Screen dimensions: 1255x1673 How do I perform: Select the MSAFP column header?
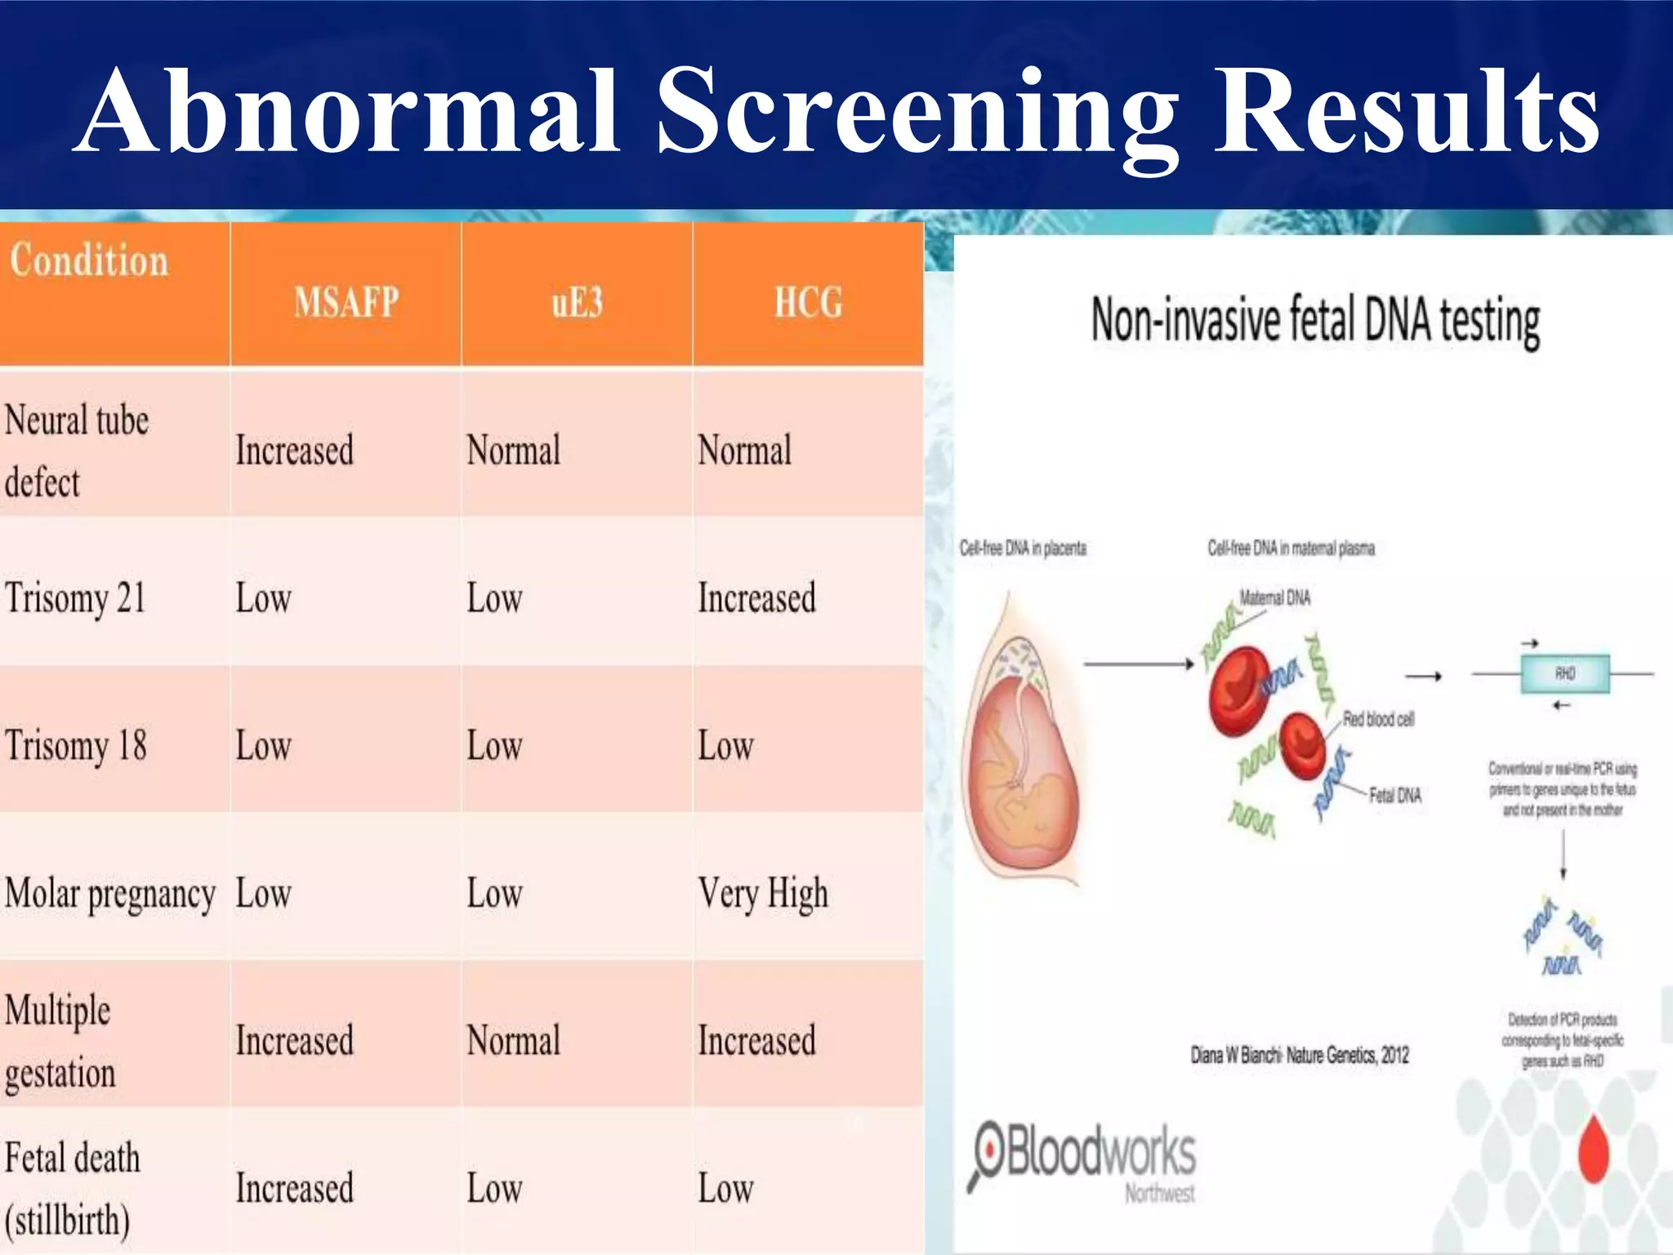346,302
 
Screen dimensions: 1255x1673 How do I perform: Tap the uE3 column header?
577,302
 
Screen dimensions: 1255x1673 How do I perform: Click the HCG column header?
808,302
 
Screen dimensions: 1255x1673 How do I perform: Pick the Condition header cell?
89,261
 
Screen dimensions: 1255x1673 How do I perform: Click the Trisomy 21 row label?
75,598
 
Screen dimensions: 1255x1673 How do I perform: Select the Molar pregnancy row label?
110,894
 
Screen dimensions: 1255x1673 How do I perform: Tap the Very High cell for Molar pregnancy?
763,894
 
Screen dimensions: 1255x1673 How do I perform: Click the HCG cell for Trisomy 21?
756,598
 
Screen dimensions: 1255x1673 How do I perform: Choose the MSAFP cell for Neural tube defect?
295,450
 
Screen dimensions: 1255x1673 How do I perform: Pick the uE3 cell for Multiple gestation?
514,1041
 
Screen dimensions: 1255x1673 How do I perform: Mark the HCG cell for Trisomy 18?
725,746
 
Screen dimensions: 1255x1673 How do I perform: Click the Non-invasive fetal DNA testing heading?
1315,320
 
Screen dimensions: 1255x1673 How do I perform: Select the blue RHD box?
1564,674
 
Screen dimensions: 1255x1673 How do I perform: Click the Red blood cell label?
1378,719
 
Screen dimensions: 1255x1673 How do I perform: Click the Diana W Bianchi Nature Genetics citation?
1300,1056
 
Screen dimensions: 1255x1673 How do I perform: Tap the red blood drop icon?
1593,1149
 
